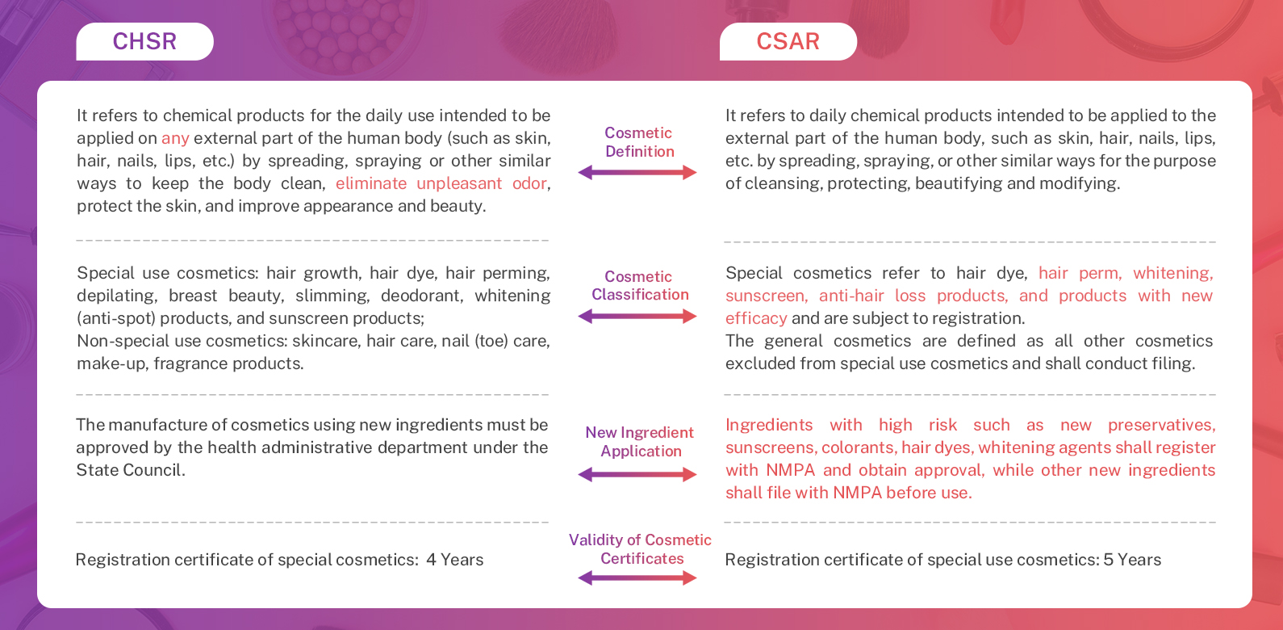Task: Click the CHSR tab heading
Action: click(144, 41)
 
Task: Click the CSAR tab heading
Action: click(788, 41)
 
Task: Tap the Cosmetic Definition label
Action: click(639, 142)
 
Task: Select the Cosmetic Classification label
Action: click(639, 286)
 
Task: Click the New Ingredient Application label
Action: click(640, 442)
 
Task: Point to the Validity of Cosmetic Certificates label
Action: click(641, 549)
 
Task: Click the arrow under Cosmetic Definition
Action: click(637, 172)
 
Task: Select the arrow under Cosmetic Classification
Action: click(637, 317)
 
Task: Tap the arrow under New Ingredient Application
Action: click(637, 475)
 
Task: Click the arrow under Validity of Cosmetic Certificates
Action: click(637, 577)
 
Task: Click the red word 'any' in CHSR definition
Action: click(175, 138)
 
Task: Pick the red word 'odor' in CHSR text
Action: click(529, 183)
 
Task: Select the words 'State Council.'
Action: click(131, 470)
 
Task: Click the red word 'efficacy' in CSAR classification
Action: click(756, 318)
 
